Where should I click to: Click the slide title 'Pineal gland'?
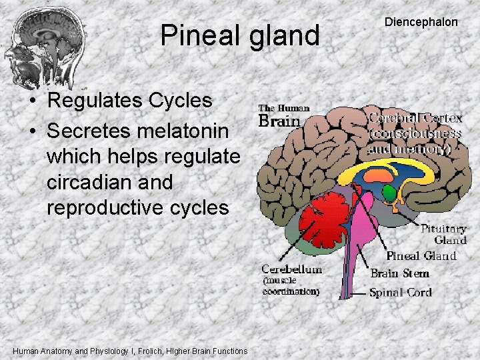click(240, 35)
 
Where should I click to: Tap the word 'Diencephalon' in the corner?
click(421, 22)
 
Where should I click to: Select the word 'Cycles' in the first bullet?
click(180, 101)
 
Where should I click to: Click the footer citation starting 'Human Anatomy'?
click(130, 351)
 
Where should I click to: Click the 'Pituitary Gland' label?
click(443, 234)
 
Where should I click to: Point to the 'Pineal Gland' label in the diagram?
click(421, 256)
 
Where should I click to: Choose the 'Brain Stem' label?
click(399, 273)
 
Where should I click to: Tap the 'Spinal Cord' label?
click(400, 292)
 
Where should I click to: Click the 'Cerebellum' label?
click(291, 269)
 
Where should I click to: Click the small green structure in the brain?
click(388, 193)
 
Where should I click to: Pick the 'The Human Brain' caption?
click(283, 115)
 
